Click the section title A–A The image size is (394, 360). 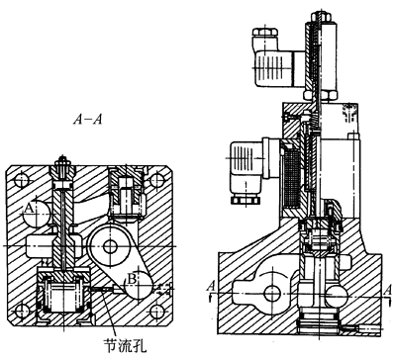tap(87, 120)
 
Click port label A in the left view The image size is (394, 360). tap(30, 209)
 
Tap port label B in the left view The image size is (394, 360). tap(132, 279)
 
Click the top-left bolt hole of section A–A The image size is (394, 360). tap(22, 180)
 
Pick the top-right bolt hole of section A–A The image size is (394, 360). tap(156, 180)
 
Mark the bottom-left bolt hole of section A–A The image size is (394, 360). tap(22, 311)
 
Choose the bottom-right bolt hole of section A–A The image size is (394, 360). tap(156, 311)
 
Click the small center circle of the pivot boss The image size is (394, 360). tap(110, 246)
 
